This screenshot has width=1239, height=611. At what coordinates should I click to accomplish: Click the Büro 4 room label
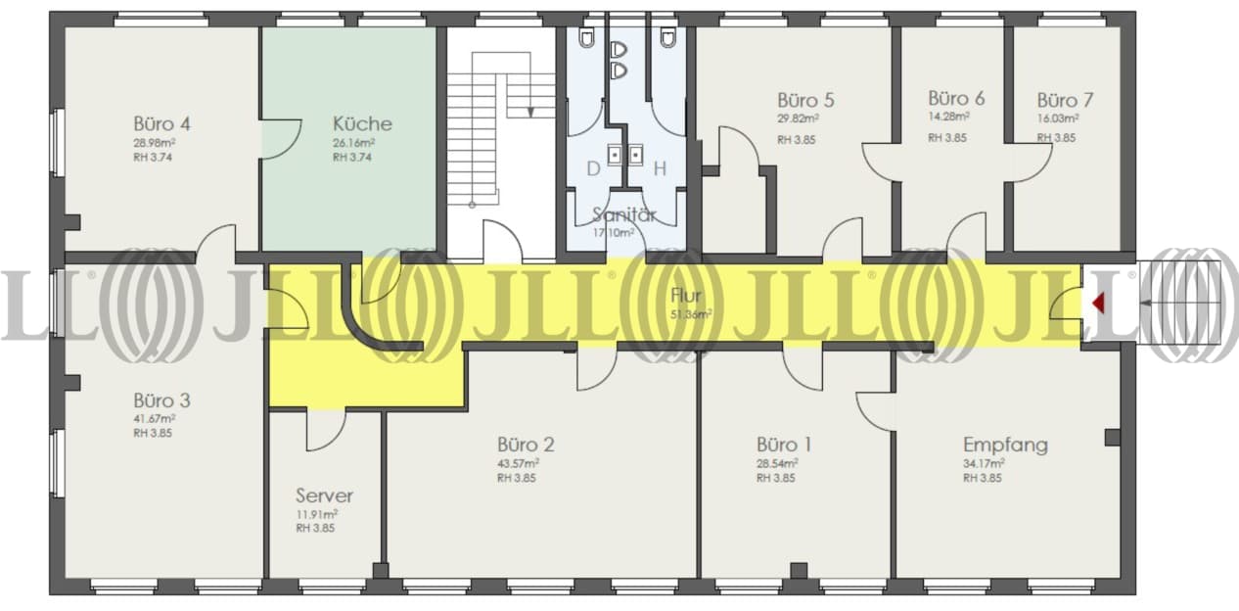161,123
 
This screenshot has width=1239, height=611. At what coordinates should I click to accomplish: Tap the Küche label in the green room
362,123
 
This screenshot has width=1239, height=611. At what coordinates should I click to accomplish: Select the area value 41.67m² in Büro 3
155,418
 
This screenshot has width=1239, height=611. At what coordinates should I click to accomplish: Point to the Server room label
324,495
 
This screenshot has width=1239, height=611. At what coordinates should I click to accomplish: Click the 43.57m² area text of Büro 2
519,462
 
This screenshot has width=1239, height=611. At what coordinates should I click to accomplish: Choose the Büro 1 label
784,445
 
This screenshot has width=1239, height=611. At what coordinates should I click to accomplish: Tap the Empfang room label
1005,446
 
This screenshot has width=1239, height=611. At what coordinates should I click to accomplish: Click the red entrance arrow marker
1098,304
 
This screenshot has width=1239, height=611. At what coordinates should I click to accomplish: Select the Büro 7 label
1065,100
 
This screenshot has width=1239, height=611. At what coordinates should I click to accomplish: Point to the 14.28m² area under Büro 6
948,117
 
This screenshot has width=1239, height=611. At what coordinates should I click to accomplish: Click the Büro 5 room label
805,100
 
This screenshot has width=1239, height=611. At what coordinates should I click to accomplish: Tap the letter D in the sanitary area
593,168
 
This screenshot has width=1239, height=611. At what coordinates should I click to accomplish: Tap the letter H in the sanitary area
660,168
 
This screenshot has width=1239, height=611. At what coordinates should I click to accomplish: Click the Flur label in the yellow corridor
685,296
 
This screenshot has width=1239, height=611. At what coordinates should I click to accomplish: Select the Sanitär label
624,214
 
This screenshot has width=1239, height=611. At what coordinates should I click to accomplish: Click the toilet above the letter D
586,37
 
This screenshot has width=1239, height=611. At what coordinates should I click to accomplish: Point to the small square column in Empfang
1113,438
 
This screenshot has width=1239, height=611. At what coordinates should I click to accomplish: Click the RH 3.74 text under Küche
352,158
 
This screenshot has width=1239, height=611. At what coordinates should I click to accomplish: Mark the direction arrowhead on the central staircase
530,113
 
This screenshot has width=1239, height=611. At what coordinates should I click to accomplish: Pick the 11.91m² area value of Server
317,514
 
